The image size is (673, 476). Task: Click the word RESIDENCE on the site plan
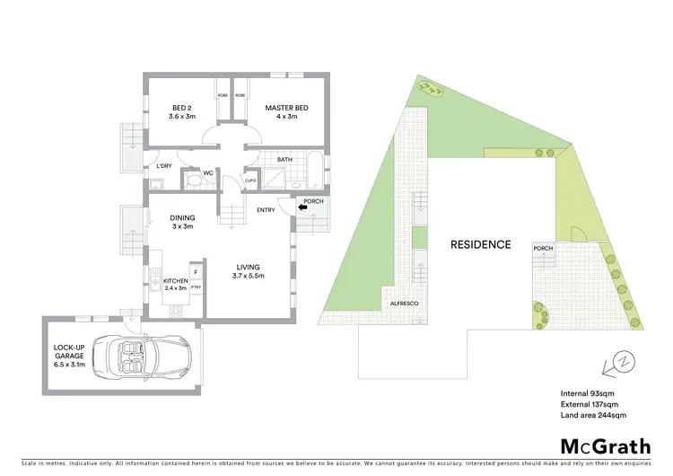[480, 244]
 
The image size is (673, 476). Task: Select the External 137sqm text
[588, 404]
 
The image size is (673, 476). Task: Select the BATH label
[285, 160]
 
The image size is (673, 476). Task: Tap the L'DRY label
[163, 166]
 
